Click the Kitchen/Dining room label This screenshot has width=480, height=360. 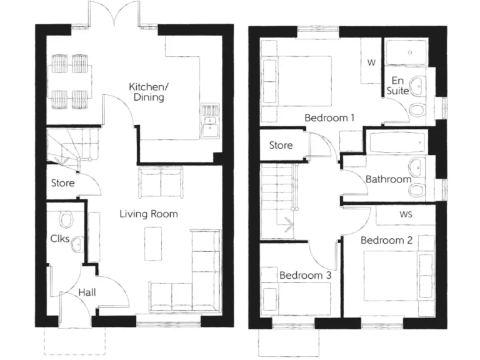click(147, 92)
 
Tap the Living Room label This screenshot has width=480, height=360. click(149, 214)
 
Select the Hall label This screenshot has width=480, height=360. click(87, 292)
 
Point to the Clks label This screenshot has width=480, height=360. click(59, 237)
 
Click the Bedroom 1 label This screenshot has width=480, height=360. click(329, 117)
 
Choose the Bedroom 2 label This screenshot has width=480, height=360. click(386, 240)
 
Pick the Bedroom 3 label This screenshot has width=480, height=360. click(305, 274)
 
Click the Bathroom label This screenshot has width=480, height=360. click(388, 179)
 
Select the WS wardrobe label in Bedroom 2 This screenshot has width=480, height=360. click(405, 214)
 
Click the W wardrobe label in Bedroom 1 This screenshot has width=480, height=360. click(371, 62)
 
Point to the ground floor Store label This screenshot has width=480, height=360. click(63, 183)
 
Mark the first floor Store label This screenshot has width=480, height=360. click(281, 146)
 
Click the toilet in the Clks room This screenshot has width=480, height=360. click(66, 219)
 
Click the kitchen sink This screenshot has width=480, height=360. click(209, 129)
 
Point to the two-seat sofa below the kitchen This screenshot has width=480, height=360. click(161, 182)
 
